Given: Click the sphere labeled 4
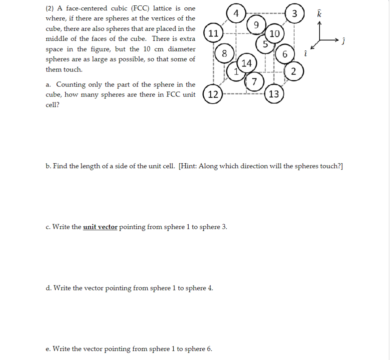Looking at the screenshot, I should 237,13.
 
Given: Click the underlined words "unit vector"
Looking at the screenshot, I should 100,227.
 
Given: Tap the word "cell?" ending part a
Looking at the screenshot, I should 53,105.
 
